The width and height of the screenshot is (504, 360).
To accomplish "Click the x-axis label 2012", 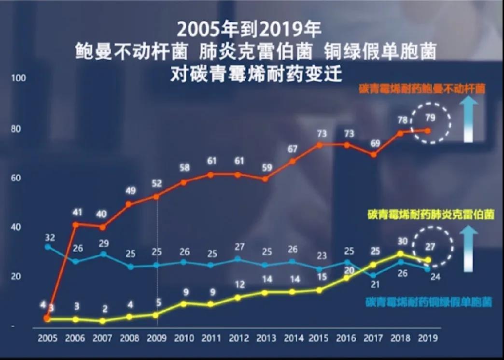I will pos(238,338).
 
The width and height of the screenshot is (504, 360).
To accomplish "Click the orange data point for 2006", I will pos(75,224).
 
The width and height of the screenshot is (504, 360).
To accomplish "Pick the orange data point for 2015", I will pos(320,144).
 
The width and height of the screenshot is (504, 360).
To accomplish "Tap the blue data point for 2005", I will pos(47,247).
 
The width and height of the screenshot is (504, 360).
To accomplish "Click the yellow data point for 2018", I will pos(400,253).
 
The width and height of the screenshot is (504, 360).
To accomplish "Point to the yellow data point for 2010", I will pos(183,303).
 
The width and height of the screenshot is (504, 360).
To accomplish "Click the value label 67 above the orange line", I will pos(292,149).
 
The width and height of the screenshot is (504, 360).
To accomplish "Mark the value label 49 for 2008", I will pos(130,191).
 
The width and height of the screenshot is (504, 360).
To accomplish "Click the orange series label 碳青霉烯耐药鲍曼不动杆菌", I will pos(422,89).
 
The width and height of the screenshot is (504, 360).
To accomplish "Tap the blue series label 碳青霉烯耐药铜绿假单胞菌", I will pos(428,303).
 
